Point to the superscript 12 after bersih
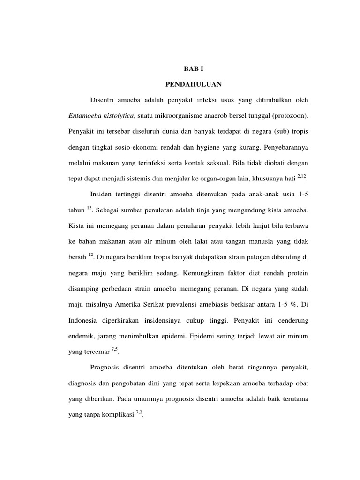point(91,255)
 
